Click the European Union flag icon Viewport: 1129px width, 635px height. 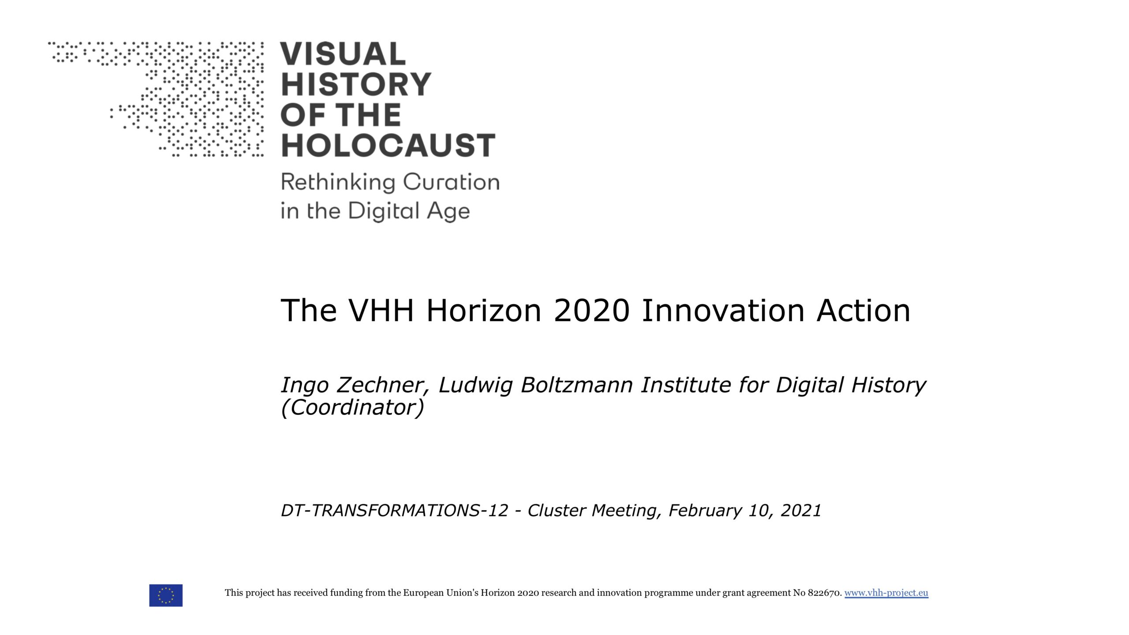pos(166,595)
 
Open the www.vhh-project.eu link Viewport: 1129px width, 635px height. pos(886,593)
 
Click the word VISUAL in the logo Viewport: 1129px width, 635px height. pos(343,54)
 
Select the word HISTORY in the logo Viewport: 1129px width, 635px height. pos(356,84)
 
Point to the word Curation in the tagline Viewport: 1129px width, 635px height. pos(451,182)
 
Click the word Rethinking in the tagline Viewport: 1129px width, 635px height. pos(338,183)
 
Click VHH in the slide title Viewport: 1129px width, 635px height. pos(381,310)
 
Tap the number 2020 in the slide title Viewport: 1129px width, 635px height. pos(591,310)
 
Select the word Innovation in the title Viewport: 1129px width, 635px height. pos(723,310)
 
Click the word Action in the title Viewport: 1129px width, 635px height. pos(864,310)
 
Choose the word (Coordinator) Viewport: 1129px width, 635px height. pos(352,407)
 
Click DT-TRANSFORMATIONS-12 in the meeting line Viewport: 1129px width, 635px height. pos(395,510)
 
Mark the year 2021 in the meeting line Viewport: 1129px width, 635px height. pos(801,510)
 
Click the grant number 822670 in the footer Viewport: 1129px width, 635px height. pos(825,593)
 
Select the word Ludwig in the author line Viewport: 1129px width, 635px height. pos(475,385)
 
